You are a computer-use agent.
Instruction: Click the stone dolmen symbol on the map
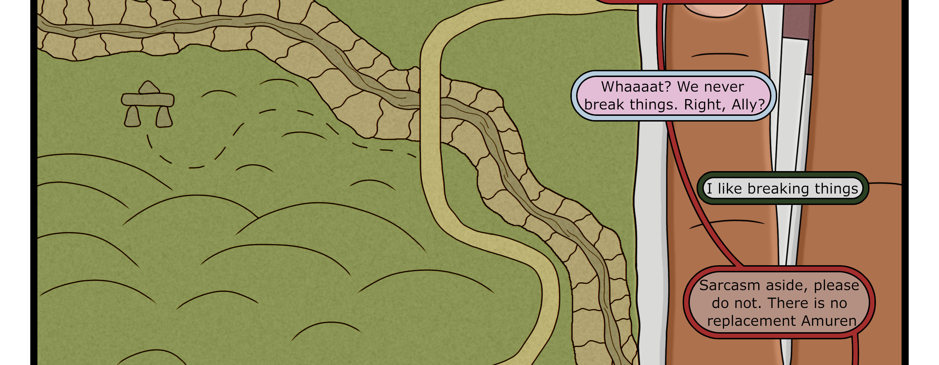tap(148, 105)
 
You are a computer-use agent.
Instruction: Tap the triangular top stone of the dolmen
tap(148, 88)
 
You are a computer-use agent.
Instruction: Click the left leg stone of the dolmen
tap(132, 117)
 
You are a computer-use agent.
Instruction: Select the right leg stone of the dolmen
tap(164, 117)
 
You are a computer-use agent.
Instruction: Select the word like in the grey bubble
tap(730, 189)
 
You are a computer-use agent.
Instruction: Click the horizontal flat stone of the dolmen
tap(148, 99)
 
